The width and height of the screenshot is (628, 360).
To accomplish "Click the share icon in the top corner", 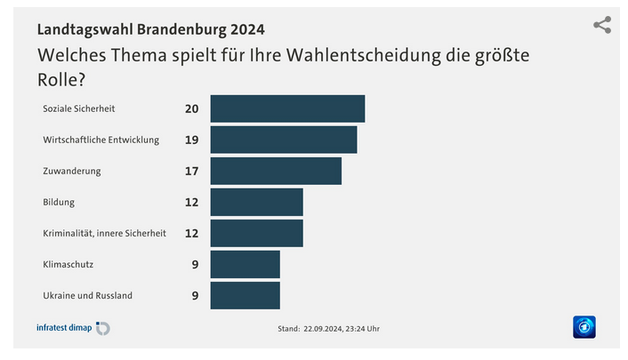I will pos(602,25).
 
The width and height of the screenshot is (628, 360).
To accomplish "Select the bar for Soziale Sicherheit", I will pos(287,108).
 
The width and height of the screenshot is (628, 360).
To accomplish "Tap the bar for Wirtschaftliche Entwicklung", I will pos(283,140).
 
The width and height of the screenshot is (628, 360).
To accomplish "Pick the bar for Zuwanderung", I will pos(276,171).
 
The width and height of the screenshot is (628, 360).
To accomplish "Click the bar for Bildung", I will pos(256,202).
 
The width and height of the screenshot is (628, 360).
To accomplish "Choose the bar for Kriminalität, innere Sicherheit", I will pos(256,233).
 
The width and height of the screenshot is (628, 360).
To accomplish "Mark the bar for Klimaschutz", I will pos(245,264).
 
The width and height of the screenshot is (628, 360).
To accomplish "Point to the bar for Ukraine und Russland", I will pos(245,295).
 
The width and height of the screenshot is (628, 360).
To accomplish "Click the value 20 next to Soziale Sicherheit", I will pos(191,108).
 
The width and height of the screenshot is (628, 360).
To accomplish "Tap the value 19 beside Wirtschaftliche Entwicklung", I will pos(191,140).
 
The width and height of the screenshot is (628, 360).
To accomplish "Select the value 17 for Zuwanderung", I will pos(191,171).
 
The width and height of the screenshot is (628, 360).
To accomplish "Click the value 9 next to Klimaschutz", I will pos(195,264).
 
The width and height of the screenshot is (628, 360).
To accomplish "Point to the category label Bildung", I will pos(59,202).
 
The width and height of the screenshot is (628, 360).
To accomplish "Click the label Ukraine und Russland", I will pos(88,295).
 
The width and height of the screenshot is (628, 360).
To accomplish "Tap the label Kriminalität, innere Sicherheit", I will pos(104,233).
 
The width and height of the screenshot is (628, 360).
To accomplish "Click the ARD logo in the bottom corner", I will pos(584,327).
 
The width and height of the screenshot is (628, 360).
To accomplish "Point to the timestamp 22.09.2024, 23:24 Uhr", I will pos(341,329).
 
